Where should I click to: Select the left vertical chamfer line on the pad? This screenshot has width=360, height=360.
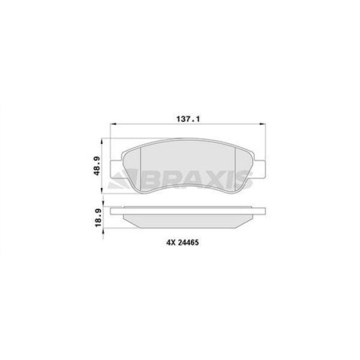140,171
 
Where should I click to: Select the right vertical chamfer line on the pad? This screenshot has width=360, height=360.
233,172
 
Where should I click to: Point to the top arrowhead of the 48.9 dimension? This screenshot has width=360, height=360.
108,142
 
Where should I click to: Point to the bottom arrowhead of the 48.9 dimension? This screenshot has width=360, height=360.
108,193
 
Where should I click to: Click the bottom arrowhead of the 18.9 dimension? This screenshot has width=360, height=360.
108,230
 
